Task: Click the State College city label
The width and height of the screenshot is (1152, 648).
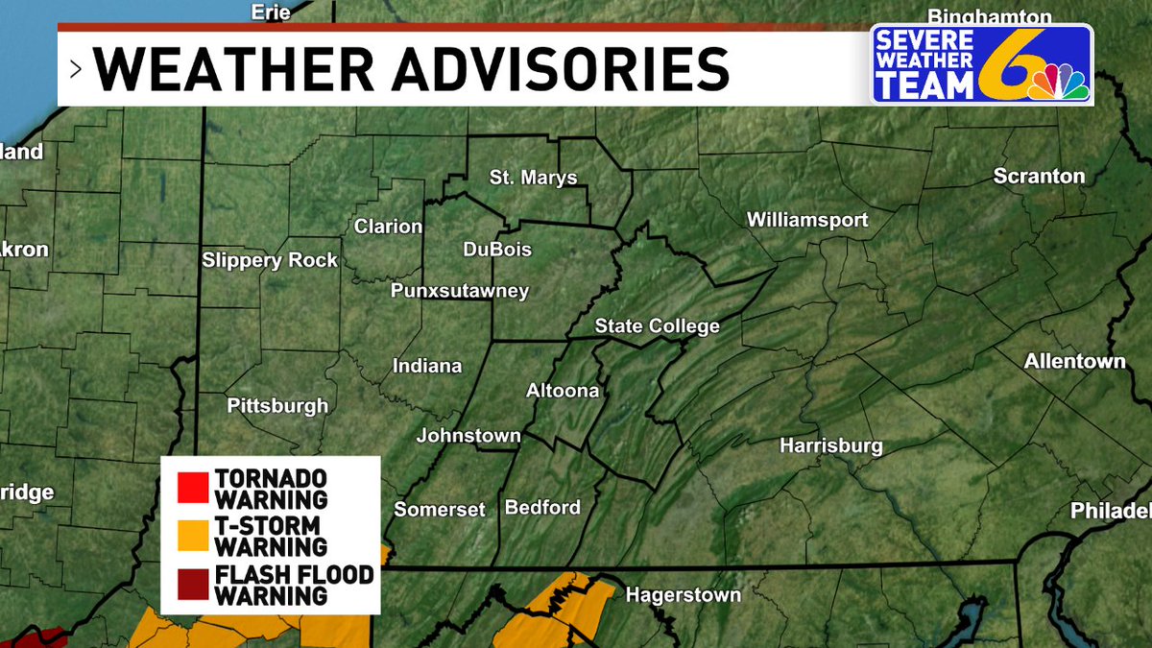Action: pos(657,326)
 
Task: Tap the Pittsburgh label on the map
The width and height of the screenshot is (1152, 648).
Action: pos(277,406)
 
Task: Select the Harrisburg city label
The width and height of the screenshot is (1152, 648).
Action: pos(830,446)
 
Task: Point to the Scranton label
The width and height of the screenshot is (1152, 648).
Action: pos(1039,177)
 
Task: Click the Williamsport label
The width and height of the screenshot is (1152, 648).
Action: pos(807,221)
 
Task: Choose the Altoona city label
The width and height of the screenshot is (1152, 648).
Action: pos(563,391)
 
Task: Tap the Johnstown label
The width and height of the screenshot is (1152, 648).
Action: pos(468,436)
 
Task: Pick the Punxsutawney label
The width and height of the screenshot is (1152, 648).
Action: pos(460,292)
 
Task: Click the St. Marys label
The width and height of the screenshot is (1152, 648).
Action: pos(533,178)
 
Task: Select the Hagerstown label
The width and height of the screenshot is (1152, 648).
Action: pos(683,595)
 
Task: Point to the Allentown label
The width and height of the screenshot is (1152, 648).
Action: pos(1074,362)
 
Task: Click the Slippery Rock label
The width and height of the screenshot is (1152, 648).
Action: pos(270,260)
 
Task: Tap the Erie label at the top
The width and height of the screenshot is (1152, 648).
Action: pos(270,12)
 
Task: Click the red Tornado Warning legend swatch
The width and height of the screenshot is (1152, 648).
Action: pos(192,488)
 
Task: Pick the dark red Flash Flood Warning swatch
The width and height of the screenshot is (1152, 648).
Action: pos(192,585)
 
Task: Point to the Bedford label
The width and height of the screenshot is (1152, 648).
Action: pos(542,507)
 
